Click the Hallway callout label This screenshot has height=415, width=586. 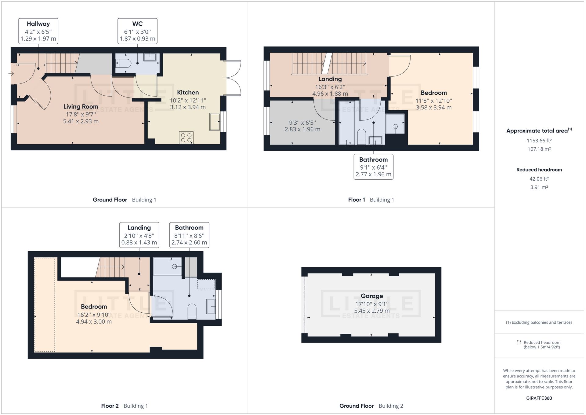38,31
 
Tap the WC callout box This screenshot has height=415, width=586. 137,31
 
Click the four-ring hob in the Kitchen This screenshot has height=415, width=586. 186,138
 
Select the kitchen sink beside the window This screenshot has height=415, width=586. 215,122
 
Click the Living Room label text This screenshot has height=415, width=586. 81,107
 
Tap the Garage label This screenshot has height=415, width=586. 371,296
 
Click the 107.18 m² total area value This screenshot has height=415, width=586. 539,149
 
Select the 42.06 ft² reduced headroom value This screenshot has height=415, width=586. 539,179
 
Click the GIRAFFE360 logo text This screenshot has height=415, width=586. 539,398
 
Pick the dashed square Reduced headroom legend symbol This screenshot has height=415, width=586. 519,342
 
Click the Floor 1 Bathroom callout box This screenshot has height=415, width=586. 373,167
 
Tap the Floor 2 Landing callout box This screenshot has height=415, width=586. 139,235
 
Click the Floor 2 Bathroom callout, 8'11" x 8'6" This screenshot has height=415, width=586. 189,235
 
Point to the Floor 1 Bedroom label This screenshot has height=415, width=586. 433,93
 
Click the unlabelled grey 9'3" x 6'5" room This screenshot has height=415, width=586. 302,126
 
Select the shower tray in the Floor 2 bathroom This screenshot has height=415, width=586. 167,266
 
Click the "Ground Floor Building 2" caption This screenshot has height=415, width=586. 371,406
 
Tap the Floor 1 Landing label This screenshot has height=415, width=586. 330,79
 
